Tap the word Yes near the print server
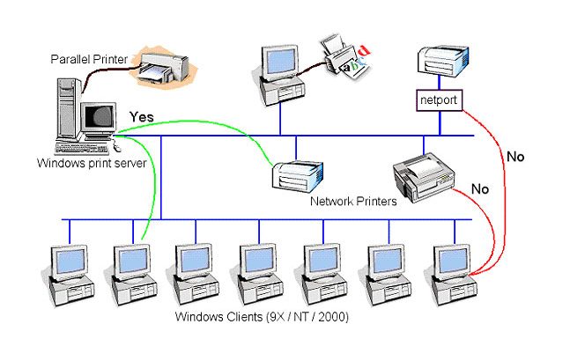[x=142, y=116]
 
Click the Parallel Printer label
[x=87, y=59]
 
